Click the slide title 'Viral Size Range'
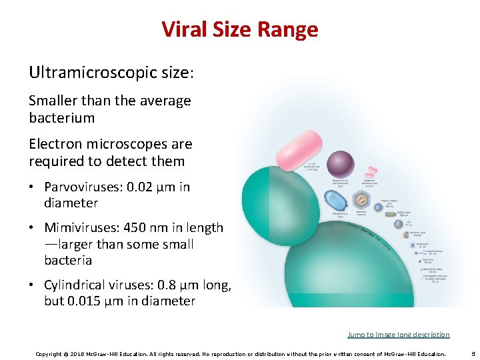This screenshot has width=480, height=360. click(x=240, y=29)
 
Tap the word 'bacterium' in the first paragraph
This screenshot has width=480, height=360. click(x=61, y=118)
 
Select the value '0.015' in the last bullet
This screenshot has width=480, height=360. click(x=86, y=301)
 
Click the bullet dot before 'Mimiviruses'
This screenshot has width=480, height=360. click(x=33, y=228)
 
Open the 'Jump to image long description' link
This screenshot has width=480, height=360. click(x=398, y=335)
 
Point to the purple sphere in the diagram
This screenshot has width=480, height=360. click(x=340, y=164)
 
